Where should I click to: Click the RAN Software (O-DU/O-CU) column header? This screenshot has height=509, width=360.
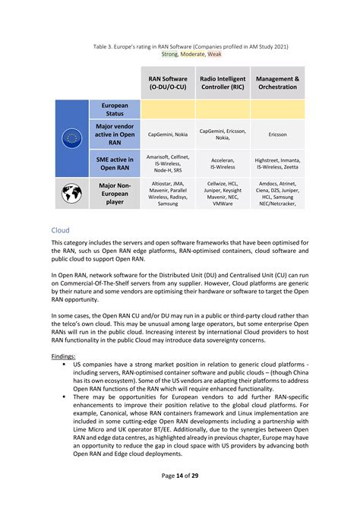point(168,83)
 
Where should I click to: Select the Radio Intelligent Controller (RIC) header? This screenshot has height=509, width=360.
point(223,83)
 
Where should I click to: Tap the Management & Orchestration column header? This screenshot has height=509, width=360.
point(277,83)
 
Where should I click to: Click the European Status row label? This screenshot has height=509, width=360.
point(115,109)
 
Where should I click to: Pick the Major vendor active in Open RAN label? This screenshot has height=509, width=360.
point(115,134)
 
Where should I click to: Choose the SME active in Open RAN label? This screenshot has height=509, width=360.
point(115,164)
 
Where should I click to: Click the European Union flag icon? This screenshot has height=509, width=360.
point(72,138)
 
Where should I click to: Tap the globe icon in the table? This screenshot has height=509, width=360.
point(72,194)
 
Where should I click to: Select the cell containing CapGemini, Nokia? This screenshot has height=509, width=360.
point(168,134)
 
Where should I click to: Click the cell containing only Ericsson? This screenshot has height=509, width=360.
point(277,134)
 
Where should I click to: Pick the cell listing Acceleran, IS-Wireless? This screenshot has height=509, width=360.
point(223,164)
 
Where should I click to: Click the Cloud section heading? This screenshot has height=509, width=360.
point(60,229)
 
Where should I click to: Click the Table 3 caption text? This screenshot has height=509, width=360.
point(190,46)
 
